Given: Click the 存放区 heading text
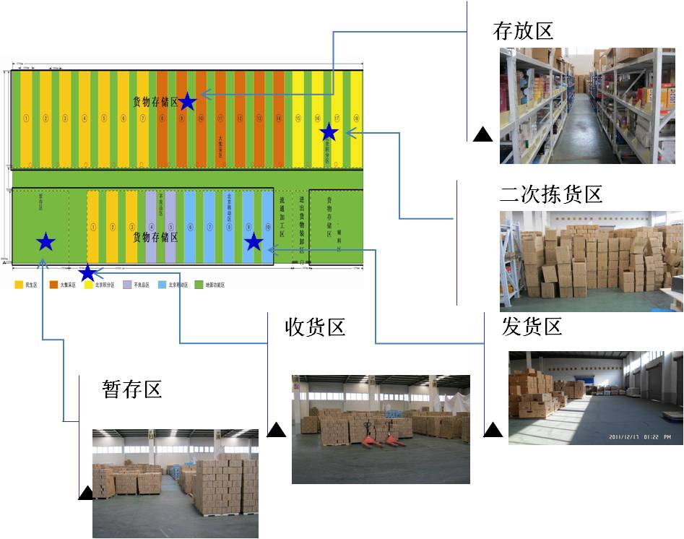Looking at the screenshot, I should click(522, 30).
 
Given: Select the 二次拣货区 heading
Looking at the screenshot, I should click(551, 194).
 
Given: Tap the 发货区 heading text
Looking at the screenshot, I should click(532, 327).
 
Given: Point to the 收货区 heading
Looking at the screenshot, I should click(316, 327).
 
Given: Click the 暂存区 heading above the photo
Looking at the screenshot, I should click(131, 389).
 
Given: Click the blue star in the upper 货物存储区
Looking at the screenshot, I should click(187, 102).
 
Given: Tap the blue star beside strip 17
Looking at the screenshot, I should click(329, 131).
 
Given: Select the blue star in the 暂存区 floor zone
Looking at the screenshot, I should click(46, 242).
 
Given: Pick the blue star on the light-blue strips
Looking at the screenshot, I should click(253, 242).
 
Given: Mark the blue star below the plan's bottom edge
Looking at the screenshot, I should click(87, 272).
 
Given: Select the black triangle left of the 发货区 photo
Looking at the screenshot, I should click(493, 431).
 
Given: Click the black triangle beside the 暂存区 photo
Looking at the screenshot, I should click(85, 493).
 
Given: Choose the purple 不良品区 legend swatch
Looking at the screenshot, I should click(127, 285).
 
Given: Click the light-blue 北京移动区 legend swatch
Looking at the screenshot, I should click(163, 285).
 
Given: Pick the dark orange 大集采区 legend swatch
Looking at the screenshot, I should click(53, 285).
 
